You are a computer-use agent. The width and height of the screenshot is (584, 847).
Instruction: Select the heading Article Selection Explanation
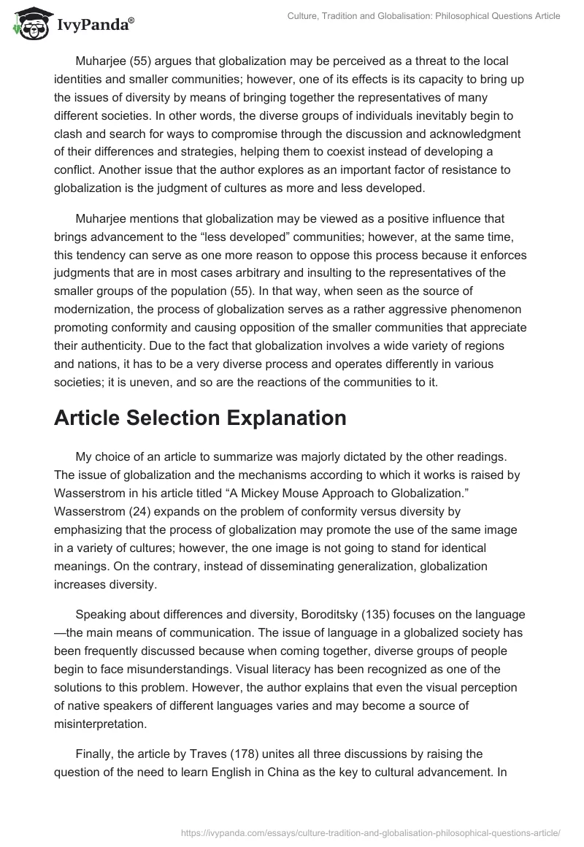(200, 418)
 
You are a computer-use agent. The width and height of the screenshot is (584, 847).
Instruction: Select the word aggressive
(391, 307)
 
